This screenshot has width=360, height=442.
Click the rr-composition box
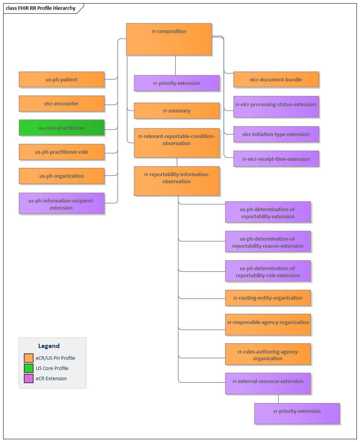(x=169, y=39)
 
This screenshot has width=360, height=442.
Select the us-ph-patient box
(x=62, y=79)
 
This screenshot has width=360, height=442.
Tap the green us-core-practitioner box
(x=62, y=128)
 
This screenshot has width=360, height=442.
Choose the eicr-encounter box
(x=62, y=103)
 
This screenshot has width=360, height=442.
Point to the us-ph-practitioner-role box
(x=62, y=152)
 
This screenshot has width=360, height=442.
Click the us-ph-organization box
(x=62, y=176)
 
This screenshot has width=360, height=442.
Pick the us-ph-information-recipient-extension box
(x=62, y=203)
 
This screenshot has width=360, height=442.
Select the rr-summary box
(x=176, y=110)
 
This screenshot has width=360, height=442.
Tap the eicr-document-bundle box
(x=276, y=79)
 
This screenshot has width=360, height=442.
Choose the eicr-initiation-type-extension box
(x=276, y=134)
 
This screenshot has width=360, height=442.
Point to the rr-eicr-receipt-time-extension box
(x=276, y=159)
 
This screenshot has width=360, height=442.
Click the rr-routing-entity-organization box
(x=268, y=298)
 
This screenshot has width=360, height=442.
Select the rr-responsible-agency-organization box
(x=268, y=324)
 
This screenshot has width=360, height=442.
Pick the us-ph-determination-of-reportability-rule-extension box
(x=268, y=271)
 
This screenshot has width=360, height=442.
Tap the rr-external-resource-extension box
(x=268, y=383)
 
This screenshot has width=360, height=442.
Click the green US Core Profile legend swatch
(x=29, y=368)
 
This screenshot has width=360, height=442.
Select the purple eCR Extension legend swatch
(x=29, y=379)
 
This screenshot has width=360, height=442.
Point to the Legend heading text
(x=49, y=346)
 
